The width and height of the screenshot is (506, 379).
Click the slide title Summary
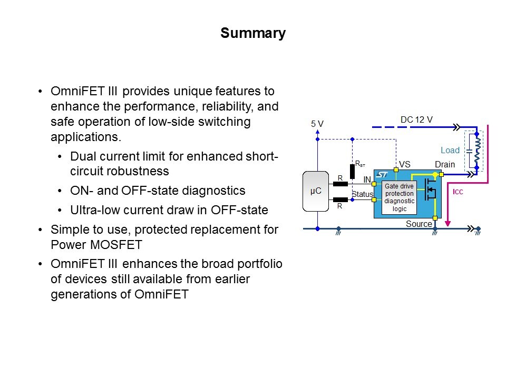(x=253, y=34)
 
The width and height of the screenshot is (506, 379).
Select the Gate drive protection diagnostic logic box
(x=399, y=197)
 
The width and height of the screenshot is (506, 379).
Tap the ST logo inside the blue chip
(x=382, y=174)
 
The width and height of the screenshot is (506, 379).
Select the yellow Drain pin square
(x=442, y=174)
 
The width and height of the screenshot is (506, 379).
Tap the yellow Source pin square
(x=435, y=218)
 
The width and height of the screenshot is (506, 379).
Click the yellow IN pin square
(x=374, y=184)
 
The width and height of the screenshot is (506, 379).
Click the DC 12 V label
(x=416, y=119)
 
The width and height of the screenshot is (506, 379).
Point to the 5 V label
(x=317, y=124)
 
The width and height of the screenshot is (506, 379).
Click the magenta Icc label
(x=458, y=192)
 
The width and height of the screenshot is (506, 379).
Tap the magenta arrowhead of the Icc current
(x=448, y=223)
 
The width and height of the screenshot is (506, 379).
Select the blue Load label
(x=450, y=150)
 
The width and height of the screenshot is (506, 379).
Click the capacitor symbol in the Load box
(x=469, y=151)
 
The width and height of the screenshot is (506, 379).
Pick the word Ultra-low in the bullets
(x=93, y=210)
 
